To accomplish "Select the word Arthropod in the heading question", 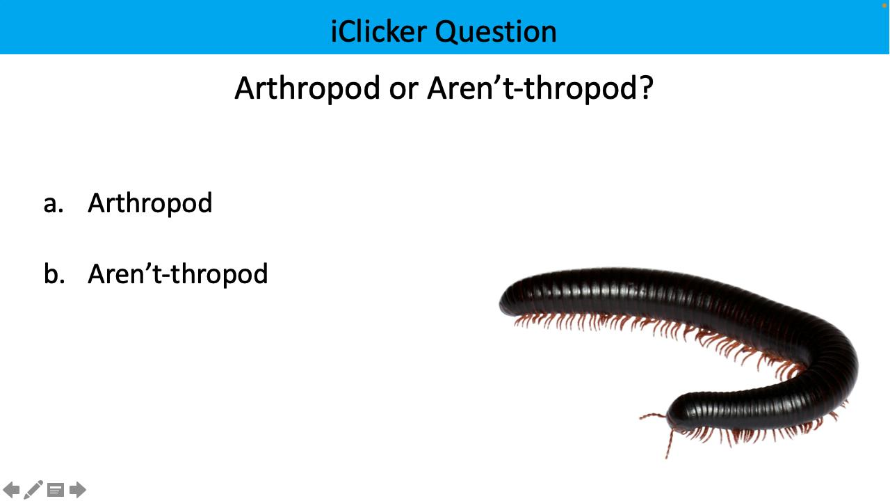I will coord(307,88).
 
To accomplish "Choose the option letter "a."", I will coord(54,203).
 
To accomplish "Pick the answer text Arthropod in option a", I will coord(150,203).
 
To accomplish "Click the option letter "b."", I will coord(54,274).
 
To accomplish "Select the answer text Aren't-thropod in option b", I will coord(178,274).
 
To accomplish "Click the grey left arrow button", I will coord(12,490).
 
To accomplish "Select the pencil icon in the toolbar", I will coord(33,490).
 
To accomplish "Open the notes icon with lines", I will coord(56,491).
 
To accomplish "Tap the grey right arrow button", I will coord(78,490).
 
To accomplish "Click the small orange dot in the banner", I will coord(884,4).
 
